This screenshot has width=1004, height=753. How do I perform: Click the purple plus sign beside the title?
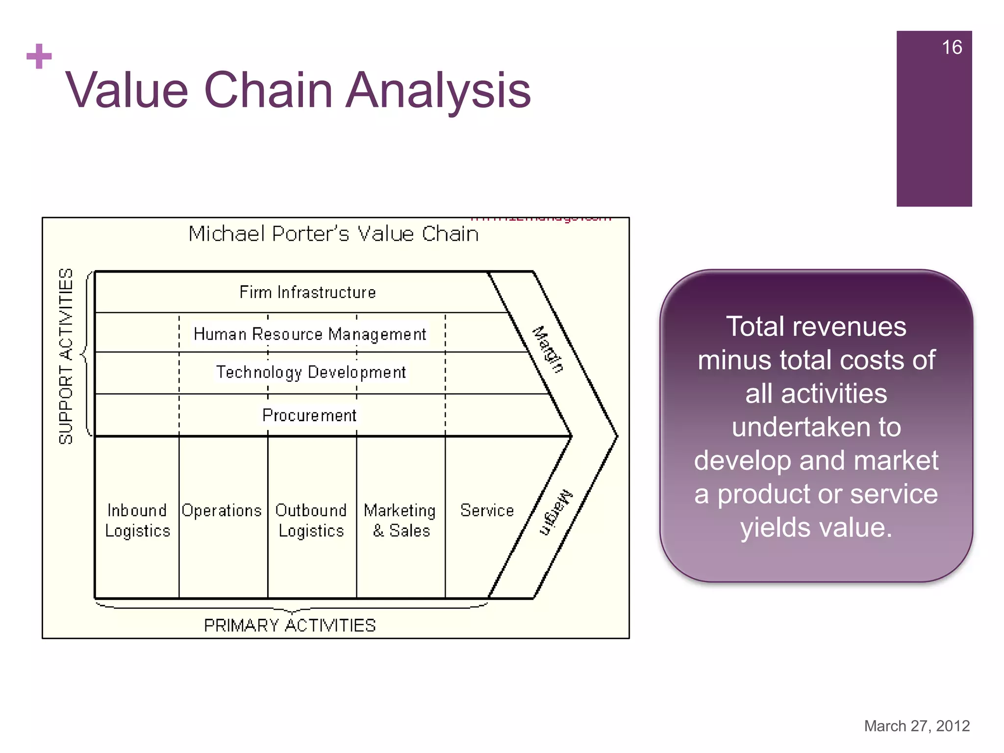pyautogui.click(x=39, y=56)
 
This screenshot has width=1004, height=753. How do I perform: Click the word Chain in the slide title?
pyautogui.click(x=268, y=90)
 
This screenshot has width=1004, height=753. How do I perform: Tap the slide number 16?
pyautogui.click(x=952, y=48)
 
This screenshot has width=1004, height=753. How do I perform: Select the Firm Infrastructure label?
pyautogui.click(x=307, y=292)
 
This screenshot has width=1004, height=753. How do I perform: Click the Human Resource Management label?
pyautogui.click(x=310, y=334)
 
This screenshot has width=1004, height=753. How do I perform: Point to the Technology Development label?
pyautogui.click(x=311, y=373)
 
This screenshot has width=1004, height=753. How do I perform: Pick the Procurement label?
pyautogui.click(x=309, y=416)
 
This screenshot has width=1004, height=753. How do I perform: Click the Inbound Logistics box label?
pyautogui.click(x=137, y=521)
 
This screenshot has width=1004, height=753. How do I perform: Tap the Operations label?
pyautogui.click(x=222, y=511)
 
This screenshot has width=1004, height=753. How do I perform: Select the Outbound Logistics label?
pyautogui.click(x=311, y=521)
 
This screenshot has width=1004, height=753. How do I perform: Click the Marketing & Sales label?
pyautogui.click(x=400, y=521)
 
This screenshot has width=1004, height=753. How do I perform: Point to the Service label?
pyautogui.click(x=487, y=511)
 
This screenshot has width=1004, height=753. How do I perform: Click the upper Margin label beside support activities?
pyautogui.click(x=548, y=349)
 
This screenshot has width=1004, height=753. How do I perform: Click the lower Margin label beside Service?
pyautogui.click(x=556, y=512)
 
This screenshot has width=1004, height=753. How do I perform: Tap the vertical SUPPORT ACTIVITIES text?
pyautogui.click(x=66, y=356)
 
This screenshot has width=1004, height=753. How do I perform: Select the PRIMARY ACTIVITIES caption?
pyautogui.click(x=290, y=626)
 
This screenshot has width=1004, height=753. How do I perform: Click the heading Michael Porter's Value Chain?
pyautogui.click(x=333, y=234)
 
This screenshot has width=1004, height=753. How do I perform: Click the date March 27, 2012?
pyautogui.click(x=917, y=726)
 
